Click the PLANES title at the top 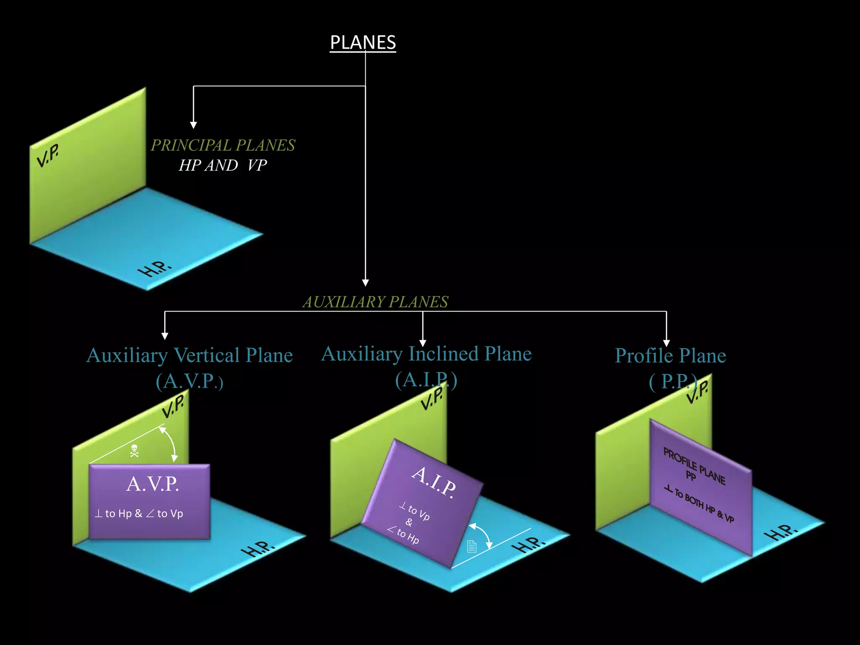[363, 43]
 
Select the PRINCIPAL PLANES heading [223, 145]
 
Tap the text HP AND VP [223, 165]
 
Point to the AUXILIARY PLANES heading [375, 302]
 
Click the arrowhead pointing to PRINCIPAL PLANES [193, 125]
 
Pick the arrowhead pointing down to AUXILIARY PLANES [365, 283]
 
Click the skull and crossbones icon [134, 451]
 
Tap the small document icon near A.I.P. [472, 546]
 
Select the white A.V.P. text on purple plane [152, 484]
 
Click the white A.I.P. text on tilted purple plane [434, 482]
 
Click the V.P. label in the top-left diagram [47, 155]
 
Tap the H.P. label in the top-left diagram [155, 269]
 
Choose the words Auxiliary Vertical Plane [189, 355]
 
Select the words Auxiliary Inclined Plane [426, 354]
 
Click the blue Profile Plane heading [670, 356]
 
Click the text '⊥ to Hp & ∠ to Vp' [139, 514]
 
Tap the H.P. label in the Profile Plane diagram [780, 532]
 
